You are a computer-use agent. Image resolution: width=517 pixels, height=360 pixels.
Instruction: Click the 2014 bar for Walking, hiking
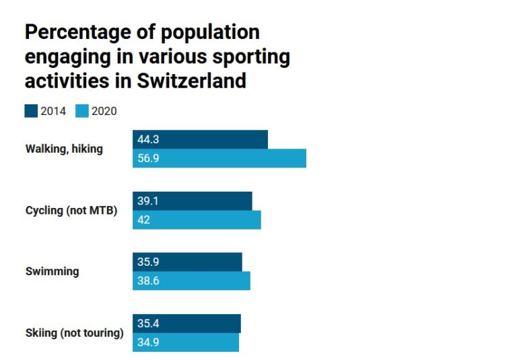[x=200, y=139]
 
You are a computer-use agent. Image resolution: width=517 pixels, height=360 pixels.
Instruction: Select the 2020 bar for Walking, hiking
[x=219, y=158]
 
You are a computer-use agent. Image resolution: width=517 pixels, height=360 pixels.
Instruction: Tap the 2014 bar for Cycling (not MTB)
[x=192, y=201]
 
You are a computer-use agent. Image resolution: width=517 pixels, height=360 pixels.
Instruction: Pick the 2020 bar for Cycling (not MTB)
[x=197, y=220]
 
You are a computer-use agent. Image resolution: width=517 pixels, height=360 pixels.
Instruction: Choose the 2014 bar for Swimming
[x=187, y=262]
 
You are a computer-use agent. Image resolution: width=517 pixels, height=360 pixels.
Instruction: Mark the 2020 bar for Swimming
[x=191, y=281]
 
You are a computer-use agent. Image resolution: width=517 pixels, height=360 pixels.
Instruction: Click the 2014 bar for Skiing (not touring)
[x=186, y=324]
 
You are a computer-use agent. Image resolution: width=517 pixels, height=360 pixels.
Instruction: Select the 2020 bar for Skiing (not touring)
[x=186, y=343]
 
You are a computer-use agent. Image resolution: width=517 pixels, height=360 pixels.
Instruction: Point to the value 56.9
[x=148, y=159]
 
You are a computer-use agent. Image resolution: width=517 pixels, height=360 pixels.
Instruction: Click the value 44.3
[x=148, y=140]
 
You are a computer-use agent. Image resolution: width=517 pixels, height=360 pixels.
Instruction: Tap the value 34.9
[x=148, y=343]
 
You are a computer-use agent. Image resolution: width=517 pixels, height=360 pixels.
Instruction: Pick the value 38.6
[x=148, y=281]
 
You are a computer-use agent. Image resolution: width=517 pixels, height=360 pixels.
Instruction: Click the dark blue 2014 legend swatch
[x=31, y=111]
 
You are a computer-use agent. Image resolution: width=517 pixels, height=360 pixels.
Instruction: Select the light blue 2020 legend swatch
[x=81, y=111]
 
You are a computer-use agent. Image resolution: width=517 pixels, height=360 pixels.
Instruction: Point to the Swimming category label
[x=52, y=272]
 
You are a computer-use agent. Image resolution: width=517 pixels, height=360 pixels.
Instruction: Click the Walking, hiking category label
[x=64, y=149]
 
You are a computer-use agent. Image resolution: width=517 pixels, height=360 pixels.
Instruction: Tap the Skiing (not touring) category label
[x=74, y=333]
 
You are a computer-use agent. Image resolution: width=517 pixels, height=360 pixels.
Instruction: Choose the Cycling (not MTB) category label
[x=71, y=211]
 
